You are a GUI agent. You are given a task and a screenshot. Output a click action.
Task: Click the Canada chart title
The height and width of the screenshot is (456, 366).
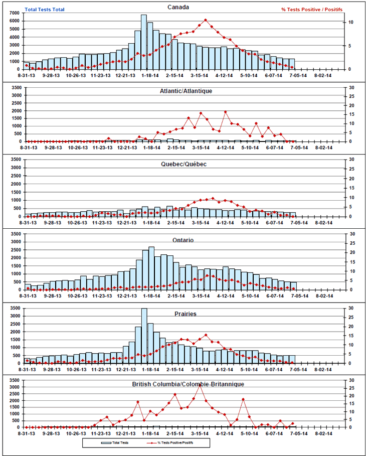tap(178, 7)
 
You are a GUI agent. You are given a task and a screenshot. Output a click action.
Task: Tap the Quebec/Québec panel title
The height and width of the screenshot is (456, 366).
tap(184, 164)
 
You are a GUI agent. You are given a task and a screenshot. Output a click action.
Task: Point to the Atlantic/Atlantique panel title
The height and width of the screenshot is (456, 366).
tap(186, 91)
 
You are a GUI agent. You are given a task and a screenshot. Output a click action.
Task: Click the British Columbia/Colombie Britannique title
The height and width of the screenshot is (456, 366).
tap(188, 384)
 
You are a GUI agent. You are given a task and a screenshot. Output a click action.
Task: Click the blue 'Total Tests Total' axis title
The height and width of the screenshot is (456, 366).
tap(45, 9)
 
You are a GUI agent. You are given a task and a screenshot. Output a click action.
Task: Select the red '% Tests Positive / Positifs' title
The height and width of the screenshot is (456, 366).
tap(312, 9)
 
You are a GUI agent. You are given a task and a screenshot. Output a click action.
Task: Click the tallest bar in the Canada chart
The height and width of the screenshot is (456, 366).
tap(143, 43)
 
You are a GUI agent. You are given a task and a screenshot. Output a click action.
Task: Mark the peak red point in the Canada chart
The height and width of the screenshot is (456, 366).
tap(206, 20)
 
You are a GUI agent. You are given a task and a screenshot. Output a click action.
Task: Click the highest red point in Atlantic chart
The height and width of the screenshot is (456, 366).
tap(226, 112)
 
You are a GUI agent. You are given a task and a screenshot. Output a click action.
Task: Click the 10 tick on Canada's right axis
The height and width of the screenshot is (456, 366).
tap(351, 23)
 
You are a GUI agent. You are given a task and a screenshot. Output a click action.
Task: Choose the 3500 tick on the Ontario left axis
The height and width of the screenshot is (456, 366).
tap(15, 234)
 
